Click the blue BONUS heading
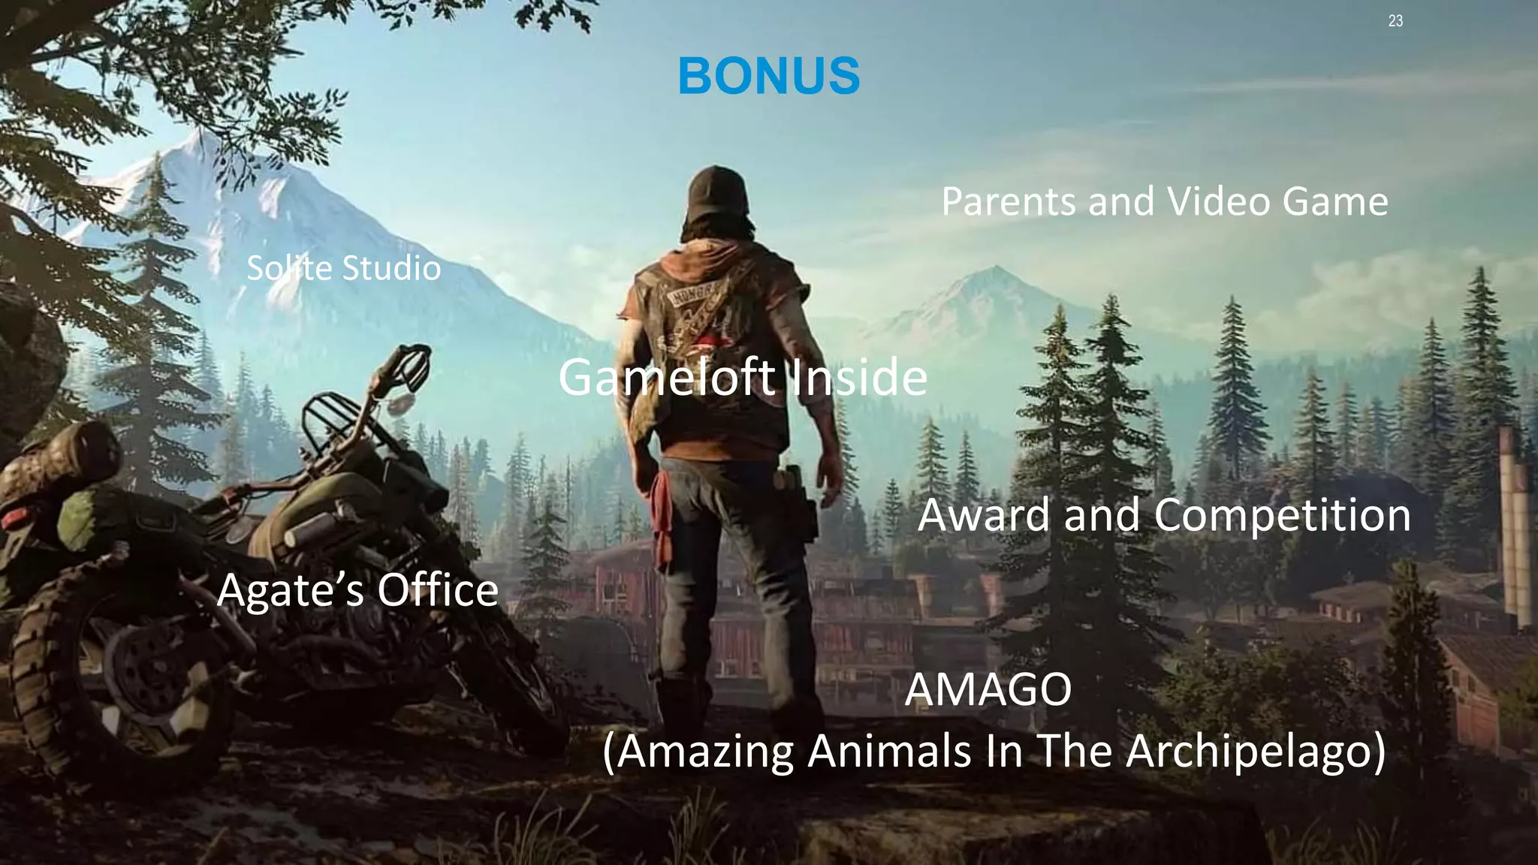coord(768,76)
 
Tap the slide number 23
coord(1395,21)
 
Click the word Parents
coord(1009,202)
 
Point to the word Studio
coord(391,268)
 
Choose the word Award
coord(985,515)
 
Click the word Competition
coord(1281,517)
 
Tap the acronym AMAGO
coord(988,689)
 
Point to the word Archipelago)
coord(1256,751)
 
